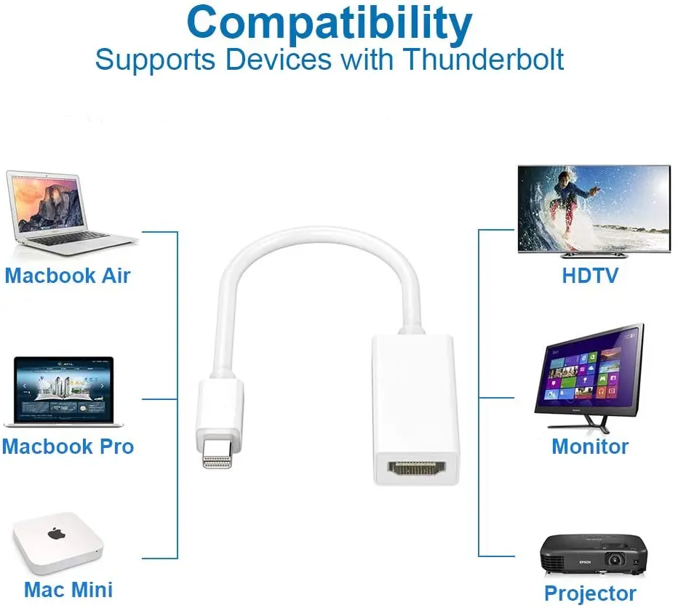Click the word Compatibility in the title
click(x=330, y=23)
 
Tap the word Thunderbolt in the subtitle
click(x=484, y=60)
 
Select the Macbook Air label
click(x=68, y=276)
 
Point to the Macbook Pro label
click(x=68, y=446)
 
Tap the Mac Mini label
click(x=68, y=588)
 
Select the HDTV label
click(x=590, y=276)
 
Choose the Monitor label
click(x=590, y=446)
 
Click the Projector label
click(x=590, y=593)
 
